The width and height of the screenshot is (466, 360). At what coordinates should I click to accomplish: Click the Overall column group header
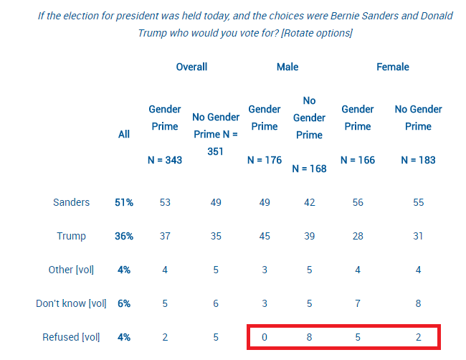[191, 67]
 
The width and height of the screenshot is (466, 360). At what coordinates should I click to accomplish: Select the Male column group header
[287, 67]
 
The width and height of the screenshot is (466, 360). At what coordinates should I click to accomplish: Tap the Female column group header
[392, 67]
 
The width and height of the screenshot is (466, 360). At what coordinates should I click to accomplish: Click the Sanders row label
[72, 202]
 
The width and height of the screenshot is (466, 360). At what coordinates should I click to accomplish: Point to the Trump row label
[72, 236]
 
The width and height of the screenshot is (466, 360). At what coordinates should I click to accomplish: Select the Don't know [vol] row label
[71, 303]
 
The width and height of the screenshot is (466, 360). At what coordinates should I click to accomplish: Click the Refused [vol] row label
[72, 337]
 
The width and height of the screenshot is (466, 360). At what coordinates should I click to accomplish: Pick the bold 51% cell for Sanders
[124, 202]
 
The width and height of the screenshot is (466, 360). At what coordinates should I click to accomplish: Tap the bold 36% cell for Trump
[124, 236]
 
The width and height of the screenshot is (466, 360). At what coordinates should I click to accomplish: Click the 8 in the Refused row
[309, 337]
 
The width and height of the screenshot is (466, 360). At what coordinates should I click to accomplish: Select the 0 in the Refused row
[265, 337]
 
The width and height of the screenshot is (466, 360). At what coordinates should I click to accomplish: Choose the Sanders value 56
[358, 202]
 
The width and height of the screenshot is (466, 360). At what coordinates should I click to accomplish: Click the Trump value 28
[358, 236]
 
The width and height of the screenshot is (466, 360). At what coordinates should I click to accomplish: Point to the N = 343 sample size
[164, 161]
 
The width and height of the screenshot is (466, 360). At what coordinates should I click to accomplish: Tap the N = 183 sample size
[418, 161]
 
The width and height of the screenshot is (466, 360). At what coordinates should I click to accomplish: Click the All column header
[124, 134]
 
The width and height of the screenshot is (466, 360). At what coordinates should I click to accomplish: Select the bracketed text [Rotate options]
[317, 33]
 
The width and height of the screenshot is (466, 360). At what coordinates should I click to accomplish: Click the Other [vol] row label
[72, 270]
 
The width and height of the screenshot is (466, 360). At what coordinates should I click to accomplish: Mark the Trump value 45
[265, 236]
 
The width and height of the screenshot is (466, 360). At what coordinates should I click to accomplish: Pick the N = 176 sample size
[265, 161]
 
